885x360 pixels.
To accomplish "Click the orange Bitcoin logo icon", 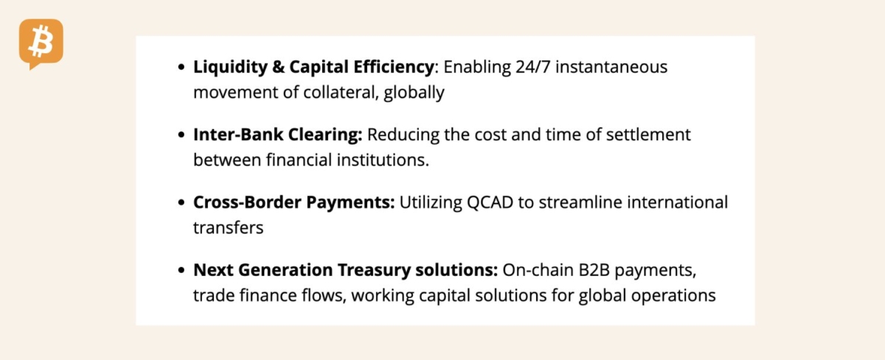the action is [x=41, y=44].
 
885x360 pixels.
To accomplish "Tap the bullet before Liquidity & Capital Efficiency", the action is [x=181, y=67].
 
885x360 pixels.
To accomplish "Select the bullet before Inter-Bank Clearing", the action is [x=181, y=135].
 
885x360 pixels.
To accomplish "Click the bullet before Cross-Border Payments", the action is [x=181, y=202].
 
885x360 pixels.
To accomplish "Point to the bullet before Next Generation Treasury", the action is [x=181, y=270].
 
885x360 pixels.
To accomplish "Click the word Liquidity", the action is [x=230, y=67].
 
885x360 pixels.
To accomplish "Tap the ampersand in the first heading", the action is [x=279, y=67].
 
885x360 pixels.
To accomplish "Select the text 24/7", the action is [x=533, y=67].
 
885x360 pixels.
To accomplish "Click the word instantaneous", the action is [x=611, y=67].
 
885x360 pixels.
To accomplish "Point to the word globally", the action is [x=414, y=93].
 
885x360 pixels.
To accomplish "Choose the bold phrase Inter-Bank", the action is [x=238, y=135].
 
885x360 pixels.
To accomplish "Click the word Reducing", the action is [x=403, y=135].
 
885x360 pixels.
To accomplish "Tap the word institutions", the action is [x=383, y=160].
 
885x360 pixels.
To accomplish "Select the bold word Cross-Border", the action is [x=247, y=202].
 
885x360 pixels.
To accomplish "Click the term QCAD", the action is [x=490, y=203].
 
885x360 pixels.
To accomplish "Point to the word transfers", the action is [x=229, y=228].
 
